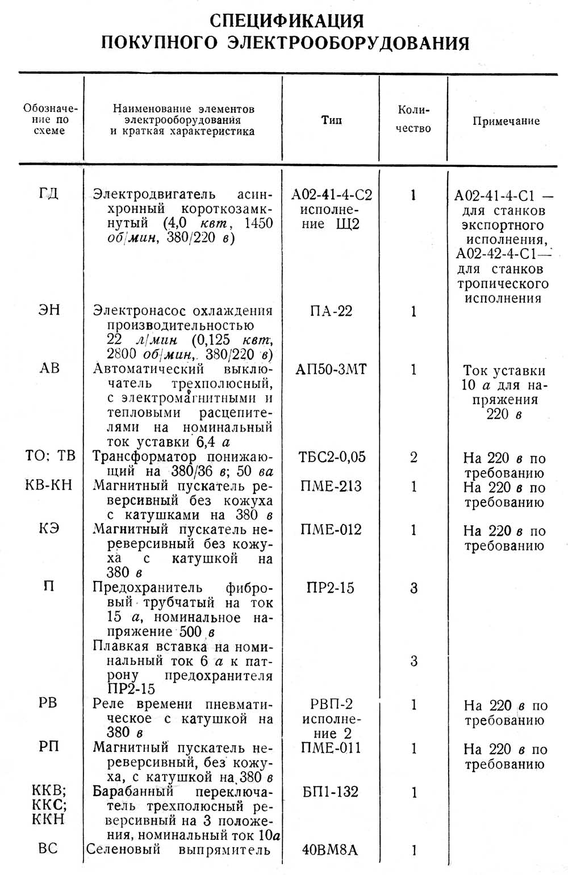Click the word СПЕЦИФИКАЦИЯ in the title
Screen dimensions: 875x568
286,21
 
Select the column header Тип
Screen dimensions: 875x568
331,120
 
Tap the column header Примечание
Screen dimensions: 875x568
506,121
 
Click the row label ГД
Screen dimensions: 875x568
49,194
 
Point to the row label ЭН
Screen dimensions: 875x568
49,311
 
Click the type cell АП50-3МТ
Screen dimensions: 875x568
331,370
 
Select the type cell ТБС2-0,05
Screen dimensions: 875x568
332,457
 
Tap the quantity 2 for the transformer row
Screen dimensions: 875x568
414,457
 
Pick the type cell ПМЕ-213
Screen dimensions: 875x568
331,487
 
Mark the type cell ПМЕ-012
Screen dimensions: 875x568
331,530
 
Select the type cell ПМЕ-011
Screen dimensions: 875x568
331,748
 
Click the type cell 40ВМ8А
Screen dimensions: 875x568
332,850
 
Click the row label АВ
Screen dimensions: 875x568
49,369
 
